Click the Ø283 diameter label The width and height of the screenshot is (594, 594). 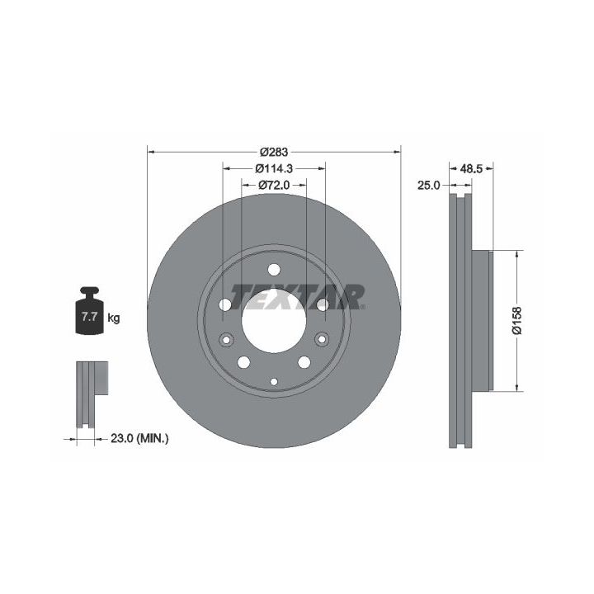[x=274, y=152]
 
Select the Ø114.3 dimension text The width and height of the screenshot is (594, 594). [x=274, y=168]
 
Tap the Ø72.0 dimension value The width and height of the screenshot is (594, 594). [x=274, y=185]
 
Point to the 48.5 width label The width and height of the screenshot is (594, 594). [x=471, y=169]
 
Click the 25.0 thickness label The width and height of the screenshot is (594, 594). [x=428, y=186]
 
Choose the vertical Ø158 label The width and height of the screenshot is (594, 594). [x=516, y=320]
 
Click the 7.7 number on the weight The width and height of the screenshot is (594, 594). [x=89, y=316]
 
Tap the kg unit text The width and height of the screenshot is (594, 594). [x=114, y=318]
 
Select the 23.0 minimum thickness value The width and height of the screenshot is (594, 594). [x=121, y=439]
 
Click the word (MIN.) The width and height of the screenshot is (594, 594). [x=153, y=439]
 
